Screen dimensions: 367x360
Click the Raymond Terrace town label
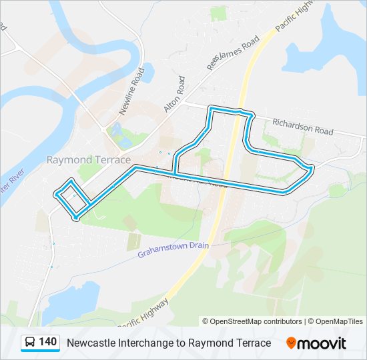pos(88,159)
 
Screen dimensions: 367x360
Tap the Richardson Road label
pos(302,127)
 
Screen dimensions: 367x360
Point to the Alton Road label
pos(173,94)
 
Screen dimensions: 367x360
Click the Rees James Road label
pos(232,52)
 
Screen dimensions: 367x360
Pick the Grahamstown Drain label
pos(173,250)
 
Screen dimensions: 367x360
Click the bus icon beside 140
pos(30,343)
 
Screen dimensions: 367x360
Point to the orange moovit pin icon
pos(291,343)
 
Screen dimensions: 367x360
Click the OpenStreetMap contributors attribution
pos(252,321)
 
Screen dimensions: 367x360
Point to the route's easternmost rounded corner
pos(312,167)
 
